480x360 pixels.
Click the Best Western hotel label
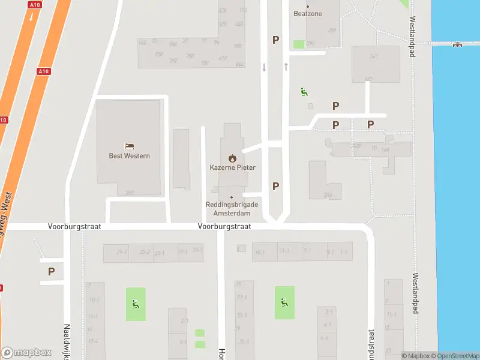129,156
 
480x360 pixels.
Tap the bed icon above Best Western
129,146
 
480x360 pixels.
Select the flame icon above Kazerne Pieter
232,158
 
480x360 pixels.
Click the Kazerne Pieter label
232,168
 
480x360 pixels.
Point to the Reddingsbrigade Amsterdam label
232,209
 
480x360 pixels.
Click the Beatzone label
308,14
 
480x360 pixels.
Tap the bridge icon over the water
457,43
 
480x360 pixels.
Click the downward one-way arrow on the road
264,67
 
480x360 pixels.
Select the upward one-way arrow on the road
286,66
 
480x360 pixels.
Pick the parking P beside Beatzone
276,40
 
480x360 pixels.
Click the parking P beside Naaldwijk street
52,271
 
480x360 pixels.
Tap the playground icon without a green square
304,92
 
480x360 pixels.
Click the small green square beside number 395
298,44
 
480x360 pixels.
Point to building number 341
374,56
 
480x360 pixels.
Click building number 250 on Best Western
129,193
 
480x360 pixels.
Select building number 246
328,194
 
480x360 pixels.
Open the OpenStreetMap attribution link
458,356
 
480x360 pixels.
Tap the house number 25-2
145,252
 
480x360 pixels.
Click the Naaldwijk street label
67,342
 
